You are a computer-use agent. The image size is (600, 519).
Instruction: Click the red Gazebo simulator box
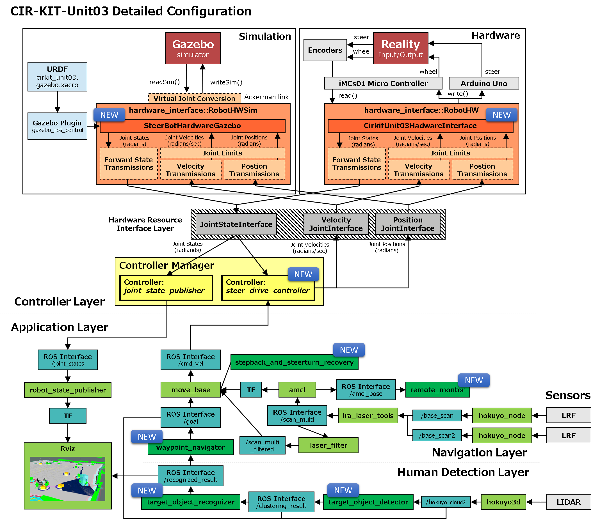193,48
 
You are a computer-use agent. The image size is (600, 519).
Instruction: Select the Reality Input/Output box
400,48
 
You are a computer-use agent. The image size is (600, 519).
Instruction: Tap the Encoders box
325,50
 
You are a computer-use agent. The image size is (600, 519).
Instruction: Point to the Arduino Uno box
483,83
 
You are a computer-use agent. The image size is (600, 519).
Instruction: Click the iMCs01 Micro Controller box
383,83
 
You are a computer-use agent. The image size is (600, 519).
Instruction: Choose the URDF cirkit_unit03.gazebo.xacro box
57,77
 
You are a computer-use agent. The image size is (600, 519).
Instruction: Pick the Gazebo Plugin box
57,126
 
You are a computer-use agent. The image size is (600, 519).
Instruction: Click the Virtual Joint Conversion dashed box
194,98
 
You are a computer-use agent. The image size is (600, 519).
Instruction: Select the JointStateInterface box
236,224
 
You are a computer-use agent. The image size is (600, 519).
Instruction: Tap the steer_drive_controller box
268,288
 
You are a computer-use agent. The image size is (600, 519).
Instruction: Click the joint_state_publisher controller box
166,288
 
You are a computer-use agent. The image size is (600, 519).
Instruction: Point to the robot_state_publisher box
68,390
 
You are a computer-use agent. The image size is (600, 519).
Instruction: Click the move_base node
190,390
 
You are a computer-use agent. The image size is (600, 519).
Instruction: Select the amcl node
297,390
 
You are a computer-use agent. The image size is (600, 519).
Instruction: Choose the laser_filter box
328,445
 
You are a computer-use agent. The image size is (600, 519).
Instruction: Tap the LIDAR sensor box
568,502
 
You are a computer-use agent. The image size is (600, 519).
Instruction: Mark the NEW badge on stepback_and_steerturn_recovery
349,350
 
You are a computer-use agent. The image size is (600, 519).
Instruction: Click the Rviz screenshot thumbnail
68,479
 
